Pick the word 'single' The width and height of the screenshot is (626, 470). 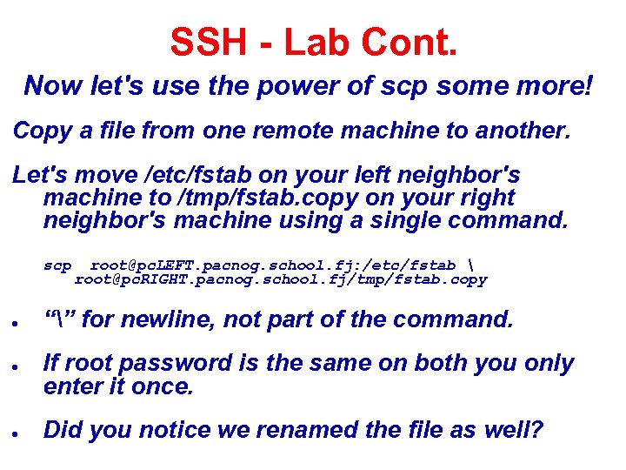[406, 221]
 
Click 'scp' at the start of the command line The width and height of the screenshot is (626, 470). [57, 265]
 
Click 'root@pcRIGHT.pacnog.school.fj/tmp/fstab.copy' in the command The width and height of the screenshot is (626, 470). [280, 279]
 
